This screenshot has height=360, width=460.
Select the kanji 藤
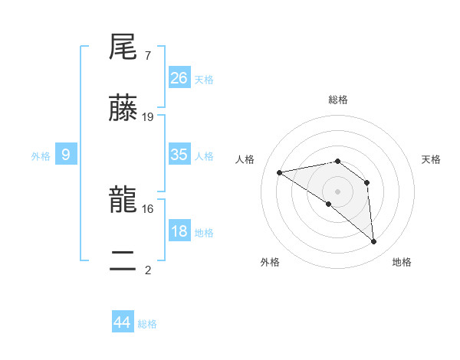pos(124,111)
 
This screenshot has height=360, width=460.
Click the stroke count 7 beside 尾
pos(147,56)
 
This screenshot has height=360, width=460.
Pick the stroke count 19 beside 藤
pos(148,117)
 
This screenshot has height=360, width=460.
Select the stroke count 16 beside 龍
pos(148,208)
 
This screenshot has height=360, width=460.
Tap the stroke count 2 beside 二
pos(147,270)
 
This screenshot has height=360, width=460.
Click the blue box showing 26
pos(179,77)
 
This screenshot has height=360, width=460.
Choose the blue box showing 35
pos(179,154)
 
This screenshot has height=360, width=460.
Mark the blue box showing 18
pos(179,231)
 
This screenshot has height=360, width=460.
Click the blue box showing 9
pos(66,155)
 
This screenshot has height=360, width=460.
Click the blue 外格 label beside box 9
pos(41,156)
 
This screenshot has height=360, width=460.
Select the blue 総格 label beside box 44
pos(147,324)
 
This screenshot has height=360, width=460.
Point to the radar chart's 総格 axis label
pos(338,100)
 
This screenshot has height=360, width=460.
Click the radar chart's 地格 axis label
pos(402,262)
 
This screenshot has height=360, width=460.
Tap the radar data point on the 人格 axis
pos(280,172)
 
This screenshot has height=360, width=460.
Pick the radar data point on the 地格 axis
pos(373,242)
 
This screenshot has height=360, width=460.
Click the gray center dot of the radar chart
pos(338,191)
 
